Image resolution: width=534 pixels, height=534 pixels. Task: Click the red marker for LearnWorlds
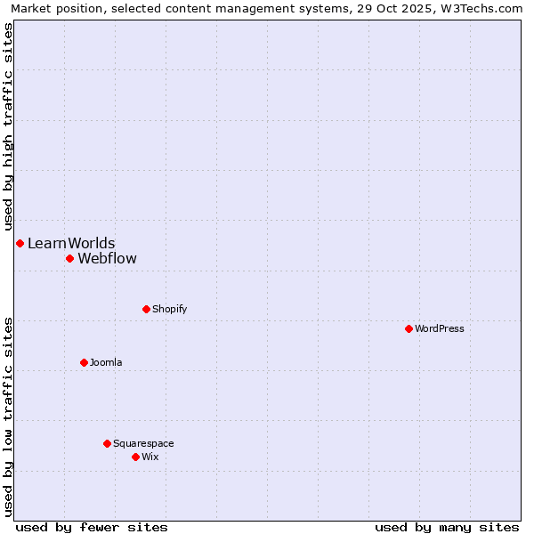(20, 243)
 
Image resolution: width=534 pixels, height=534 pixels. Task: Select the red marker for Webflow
(69, 258)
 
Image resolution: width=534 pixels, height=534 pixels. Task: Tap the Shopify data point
(146, 309)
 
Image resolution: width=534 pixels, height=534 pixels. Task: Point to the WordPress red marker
(409, 328)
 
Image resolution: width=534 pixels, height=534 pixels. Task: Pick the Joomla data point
(84, 362)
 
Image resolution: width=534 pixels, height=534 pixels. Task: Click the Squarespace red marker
(107, 443)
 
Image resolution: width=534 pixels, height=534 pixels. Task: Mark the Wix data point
(135, 457)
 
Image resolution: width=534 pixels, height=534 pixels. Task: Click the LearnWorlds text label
(71, 243)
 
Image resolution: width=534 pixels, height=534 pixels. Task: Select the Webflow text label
(108, 258)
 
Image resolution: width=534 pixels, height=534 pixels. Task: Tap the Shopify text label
(169, 309)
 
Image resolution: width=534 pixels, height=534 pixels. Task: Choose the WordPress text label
(440, 328)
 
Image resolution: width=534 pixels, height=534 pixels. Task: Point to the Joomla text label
(106, 362)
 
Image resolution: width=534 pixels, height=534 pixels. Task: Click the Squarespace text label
(143, 443)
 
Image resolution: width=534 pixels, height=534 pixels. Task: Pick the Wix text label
(150, 457)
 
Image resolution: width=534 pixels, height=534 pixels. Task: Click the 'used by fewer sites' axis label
(92, 527)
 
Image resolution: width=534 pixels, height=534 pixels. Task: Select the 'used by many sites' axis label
(447, 527)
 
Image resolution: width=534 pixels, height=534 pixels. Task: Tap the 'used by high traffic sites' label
(8, 125)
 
